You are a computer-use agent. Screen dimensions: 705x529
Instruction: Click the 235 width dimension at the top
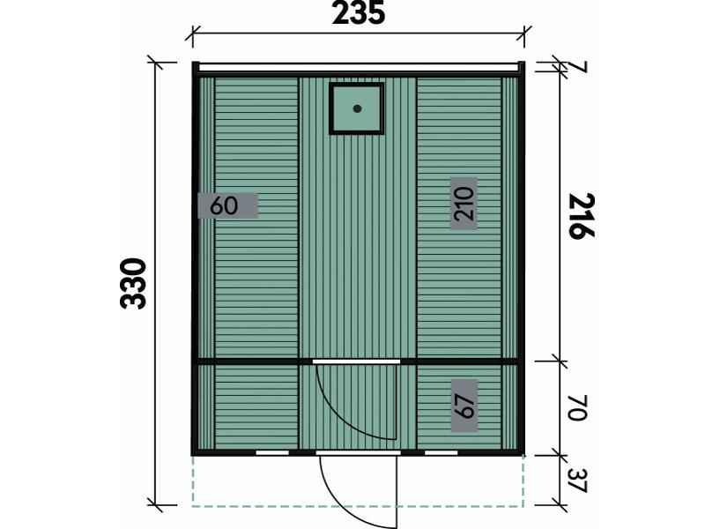[x=359, y=12]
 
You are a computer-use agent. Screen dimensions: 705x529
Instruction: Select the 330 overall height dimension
[x=134, y=283]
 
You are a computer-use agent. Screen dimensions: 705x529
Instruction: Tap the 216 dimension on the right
[x=582, y=216]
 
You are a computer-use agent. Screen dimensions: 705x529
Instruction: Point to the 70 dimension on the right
[x=577, y=408]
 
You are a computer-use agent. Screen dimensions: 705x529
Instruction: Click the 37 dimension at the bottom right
[x=578, y=481]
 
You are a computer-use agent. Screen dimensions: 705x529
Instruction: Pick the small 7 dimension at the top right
[x=580, y=68]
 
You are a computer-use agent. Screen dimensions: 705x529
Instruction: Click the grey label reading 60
[x=228, y=205]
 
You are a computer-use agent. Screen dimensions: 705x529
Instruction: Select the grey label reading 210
[x=464, y=204]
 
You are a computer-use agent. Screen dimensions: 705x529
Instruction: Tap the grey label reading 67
[x=464, y=406]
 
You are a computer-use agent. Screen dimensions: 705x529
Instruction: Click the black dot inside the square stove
[x=358, y=108]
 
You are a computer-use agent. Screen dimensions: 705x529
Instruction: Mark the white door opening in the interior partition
[x=356, y=361]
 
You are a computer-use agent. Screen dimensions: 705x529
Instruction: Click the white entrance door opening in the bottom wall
[x=358, y=452]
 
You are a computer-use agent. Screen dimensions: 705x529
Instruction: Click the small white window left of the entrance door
[x=272, y=452]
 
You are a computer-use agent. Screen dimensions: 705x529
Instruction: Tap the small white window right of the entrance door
[x=442, y=452]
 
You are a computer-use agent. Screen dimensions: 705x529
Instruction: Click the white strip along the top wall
[x=359, y=67]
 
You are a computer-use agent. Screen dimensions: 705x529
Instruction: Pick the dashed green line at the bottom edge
[x=358, y=507]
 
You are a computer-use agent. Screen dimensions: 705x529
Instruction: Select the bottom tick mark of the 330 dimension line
[x=155, y=504]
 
